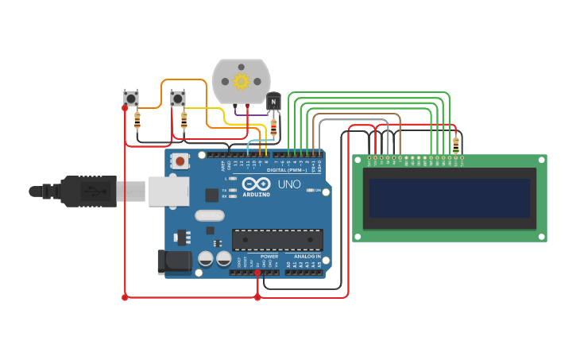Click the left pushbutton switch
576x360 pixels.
pos(131,99)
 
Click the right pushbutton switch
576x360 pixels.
pos(178,99)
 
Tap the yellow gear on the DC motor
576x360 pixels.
pos(242,81)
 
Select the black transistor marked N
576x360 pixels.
pos(273,102)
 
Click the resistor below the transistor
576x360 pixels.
pos(273,126)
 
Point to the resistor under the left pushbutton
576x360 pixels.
pos(137,120)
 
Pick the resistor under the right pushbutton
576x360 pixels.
pos(184,120)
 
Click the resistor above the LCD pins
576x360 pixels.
pos(455,145)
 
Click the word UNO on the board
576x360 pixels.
pos(289,184)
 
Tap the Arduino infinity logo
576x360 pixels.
pos(257,184)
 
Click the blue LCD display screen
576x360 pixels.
pos(450,198)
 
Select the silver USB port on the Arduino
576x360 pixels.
pos(168,192)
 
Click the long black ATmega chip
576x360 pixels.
pos(277,239)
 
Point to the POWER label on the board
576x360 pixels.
pos(269,257)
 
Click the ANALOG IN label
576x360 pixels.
pos(307,257)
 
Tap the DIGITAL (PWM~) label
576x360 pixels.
pos(287,170)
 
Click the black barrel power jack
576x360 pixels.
pos(174,261)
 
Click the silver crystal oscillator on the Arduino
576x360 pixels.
pos(209,215)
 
